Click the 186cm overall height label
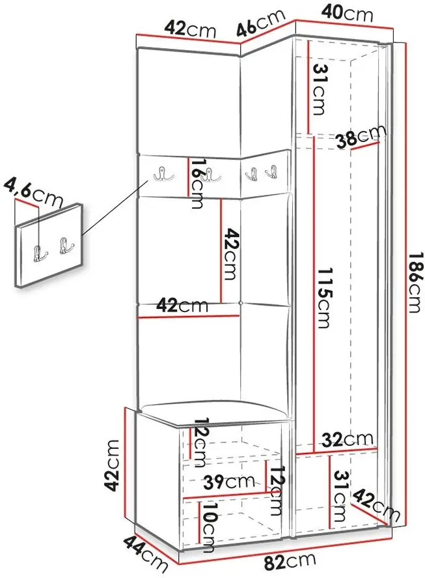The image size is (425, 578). click(x=414, y=282)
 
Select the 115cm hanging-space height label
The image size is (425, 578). click(x=325, y=298)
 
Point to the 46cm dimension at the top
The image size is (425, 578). click(x=260, y=23)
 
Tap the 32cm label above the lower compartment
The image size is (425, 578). click(x=348, y=439)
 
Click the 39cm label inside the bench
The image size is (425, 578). click(x=229, y=482)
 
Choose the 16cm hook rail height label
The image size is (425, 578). click(x=197, y=183)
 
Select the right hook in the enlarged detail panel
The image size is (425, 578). click(x=66, y=246)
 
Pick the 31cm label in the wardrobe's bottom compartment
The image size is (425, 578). click(x=340, y=496)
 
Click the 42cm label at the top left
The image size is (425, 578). click(x=189, y=29)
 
